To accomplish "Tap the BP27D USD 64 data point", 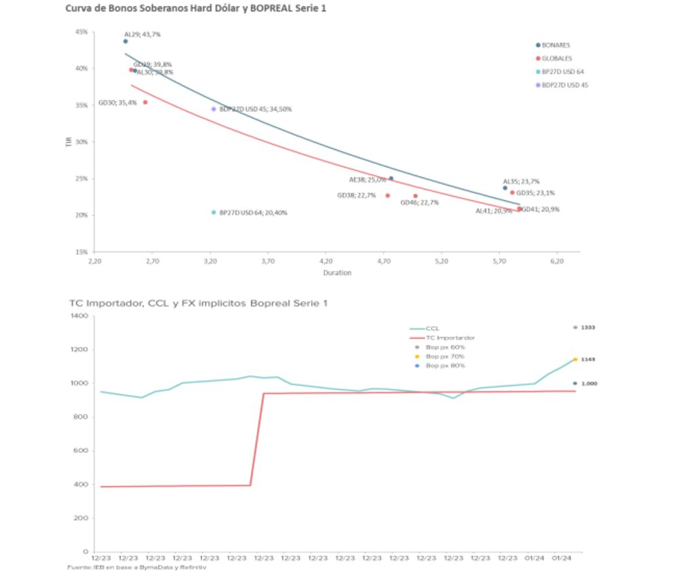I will [214, 212].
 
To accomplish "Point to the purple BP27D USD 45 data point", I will [214, 109].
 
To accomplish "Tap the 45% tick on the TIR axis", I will [82, 32].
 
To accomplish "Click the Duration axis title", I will [337, 273].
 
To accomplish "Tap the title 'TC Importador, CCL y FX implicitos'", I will [198, 303].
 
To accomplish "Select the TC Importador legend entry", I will [449, 337].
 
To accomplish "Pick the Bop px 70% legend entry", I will [445, 356].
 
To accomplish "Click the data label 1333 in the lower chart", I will [588, 328].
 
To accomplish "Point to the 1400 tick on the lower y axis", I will [79, 317].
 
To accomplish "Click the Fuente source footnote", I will [136, 566].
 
